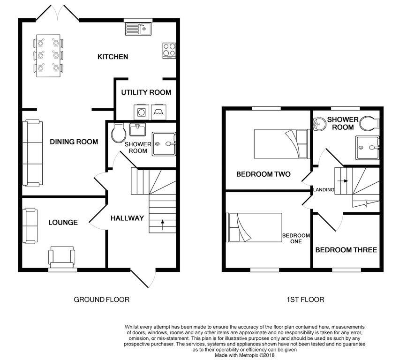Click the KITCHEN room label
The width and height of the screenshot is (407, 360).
pos(113,57)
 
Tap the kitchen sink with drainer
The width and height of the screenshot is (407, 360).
pos(138,29)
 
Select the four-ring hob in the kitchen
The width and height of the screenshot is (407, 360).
pos(169,50)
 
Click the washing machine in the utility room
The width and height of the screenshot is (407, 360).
pos(141,112)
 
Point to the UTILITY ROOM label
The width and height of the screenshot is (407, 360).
pos(146,92)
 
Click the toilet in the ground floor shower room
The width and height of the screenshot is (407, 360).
pos(118,133)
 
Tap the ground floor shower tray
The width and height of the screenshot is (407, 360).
pos(164,144)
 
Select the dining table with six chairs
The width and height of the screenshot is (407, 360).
pos(48,55)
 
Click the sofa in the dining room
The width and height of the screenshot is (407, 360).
pos(32,153)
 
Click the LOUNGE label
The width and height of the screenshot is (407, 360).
pos(63,223)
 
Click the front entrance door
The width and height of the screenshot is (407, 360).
pos(139,279)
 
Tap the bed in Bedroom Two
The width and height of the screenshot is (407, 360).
pos(280,144)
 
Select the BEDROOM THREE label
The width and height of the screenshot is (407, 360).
pos(346,250)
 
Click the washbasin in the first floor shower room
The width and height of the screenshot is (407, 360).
pos(319,124)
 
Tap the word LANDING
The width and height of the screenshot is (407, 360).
pos(324,190)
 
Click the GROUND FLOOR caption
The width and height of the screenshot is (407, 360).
pos(101,300)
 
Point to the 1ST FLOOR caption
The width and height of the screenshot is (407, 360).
pos(306,300)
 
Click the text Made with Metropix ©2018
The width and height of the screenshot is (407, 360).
pos(244,355)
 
